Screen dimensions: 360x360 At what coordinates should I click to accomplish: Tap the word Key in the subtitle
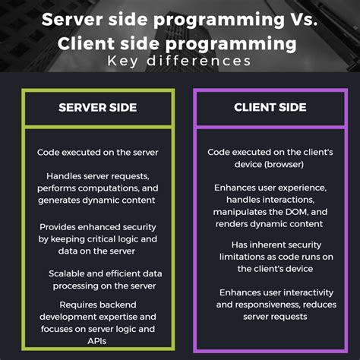click(x=123, y=62)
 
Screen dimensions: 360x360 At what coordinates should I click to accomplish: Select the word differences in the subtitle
click(x=199, y=61)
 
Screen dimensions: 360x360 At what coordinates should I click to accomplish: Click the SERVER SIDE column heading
click(x=98, y=107)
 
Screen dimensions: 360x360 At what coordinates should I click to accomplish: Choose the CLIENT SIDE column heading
click(x=270, y=107)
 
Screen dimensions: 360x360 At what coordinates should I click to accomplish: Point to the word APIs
click(x=97, y=341)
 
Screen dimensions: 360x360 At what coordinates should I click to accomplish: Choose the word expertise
click(x=118, y=317)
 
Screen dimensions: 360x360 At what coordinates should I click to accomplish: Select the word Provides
click(x=58, y=227)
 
